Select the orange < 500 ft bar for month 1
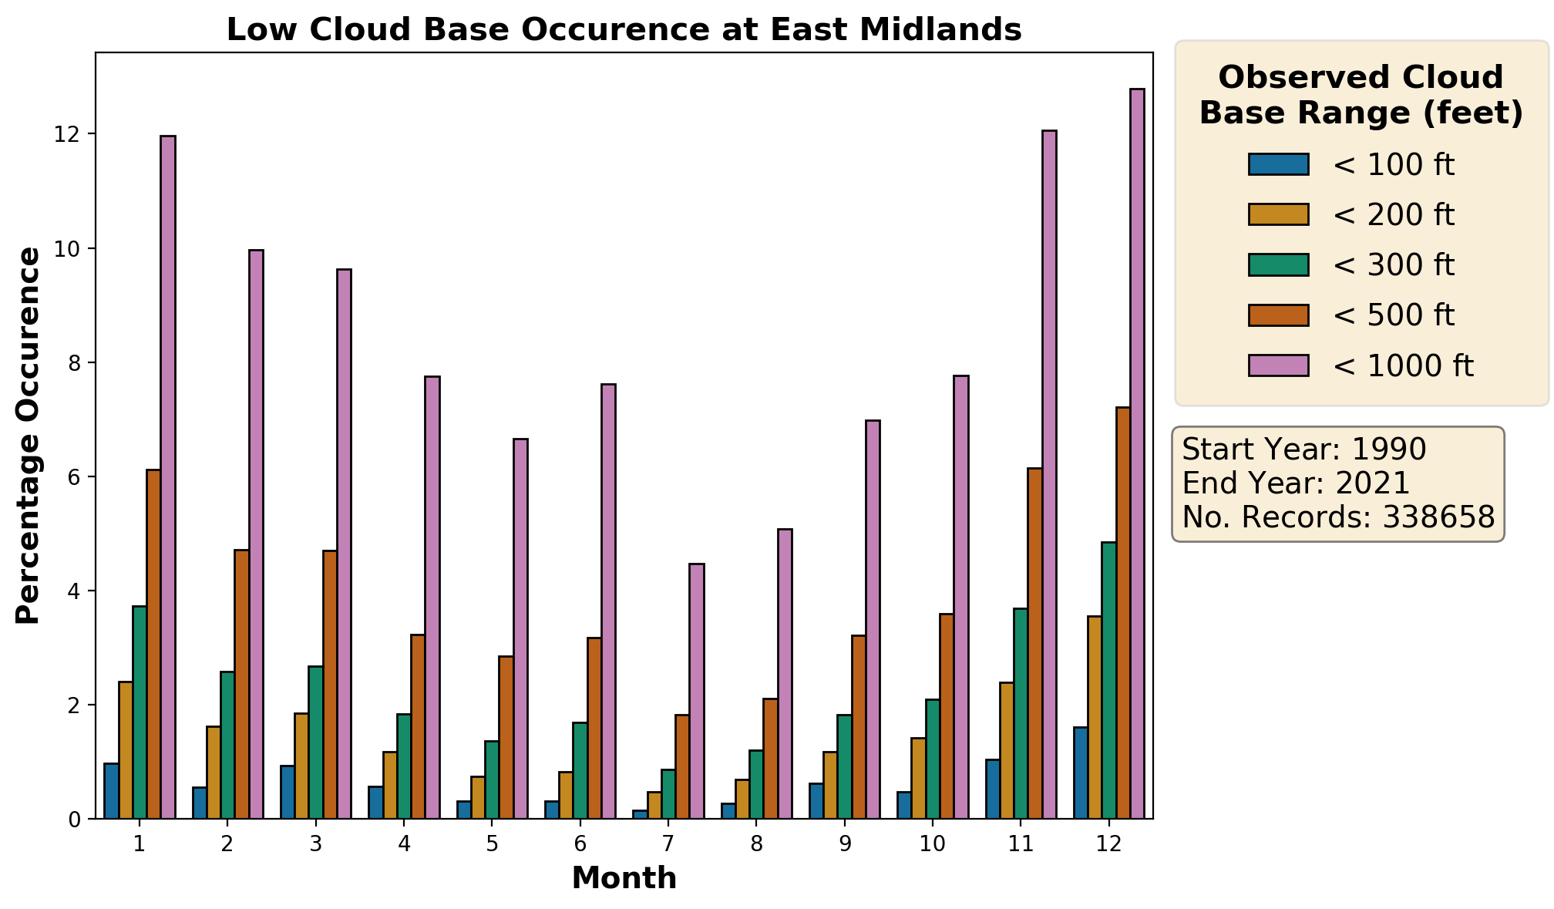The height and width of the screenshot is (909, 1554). pyautogui.click(x=153, y=644)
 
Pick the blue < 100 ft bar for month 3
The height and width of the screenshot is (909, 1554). pyautogui.click(x=288, y=792)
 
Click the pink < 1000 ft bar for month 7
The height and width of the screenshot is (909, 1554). pyautogui.click(x=697, y=691)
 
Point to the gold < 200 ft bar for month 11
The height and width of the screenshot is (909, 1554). pyautogui.click(x=1007, y=750)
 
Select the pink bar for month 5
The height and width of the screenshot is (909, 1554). pyautogui.click(x=520, y=628)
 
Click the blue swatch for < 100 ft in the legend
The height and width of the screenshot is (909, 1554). pyautogui.click(x=1278, y=164)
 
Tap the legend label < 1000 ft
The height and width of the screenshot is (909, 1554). pyautogui.click(x=1402, y=365)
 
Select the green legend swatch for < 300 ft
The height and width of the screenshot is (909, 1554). pyautogui.click(x=1278, y=264)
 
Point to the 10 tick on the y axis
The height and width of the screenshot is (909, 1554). pyautogui.click(x=68, y=249)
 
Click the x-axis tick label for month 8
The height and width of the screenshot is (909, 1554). pyautogui.click(x=756, y=844)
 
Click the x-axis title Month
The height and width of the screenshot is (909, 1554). pyautogui.click(x=624, y=878)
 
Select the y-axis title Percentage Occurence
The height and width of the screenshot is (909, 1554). pyautogui.click(x=28, y=436)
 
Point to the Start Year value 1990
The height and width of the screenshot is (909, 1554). pyautogui.click(x=1388, y=449)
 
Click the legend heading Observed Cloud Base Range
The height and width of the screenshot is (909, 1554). pyautogui.click(x=1361, y=95)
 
